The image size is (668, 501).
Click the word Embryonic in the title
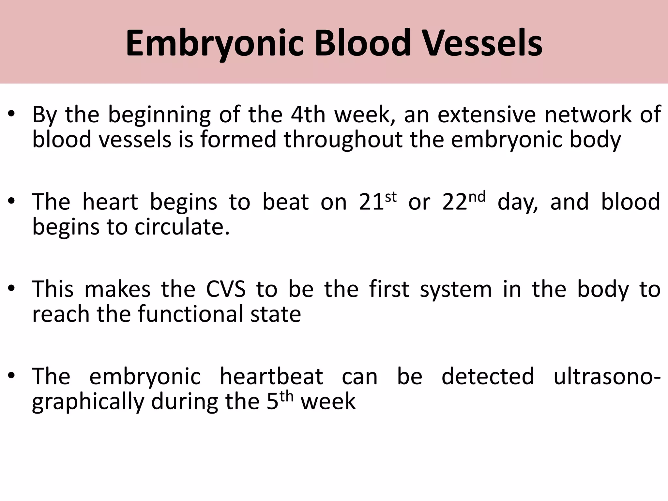tap(215, 43)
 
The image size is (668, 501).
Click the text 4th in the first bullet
tap(308, 115)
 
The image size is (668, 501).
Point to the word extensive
tap(486, 115)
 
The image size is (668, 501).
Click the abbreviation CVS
tap(226, 289)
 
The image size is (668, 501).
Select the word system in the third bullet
tap(456, 290)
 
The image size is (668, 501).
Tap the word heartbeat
tap(271, 376)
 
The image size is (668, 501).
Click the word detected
tap(488, 376)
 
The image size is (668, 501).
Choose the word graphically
tap(88, 402)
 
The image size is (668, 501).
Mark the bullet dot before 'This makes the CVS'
tap(12, 289)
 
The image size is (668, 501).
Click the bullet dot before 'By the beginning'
tap(12, 115)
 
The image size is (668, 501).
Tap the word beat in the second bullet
tap(285, 202)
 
